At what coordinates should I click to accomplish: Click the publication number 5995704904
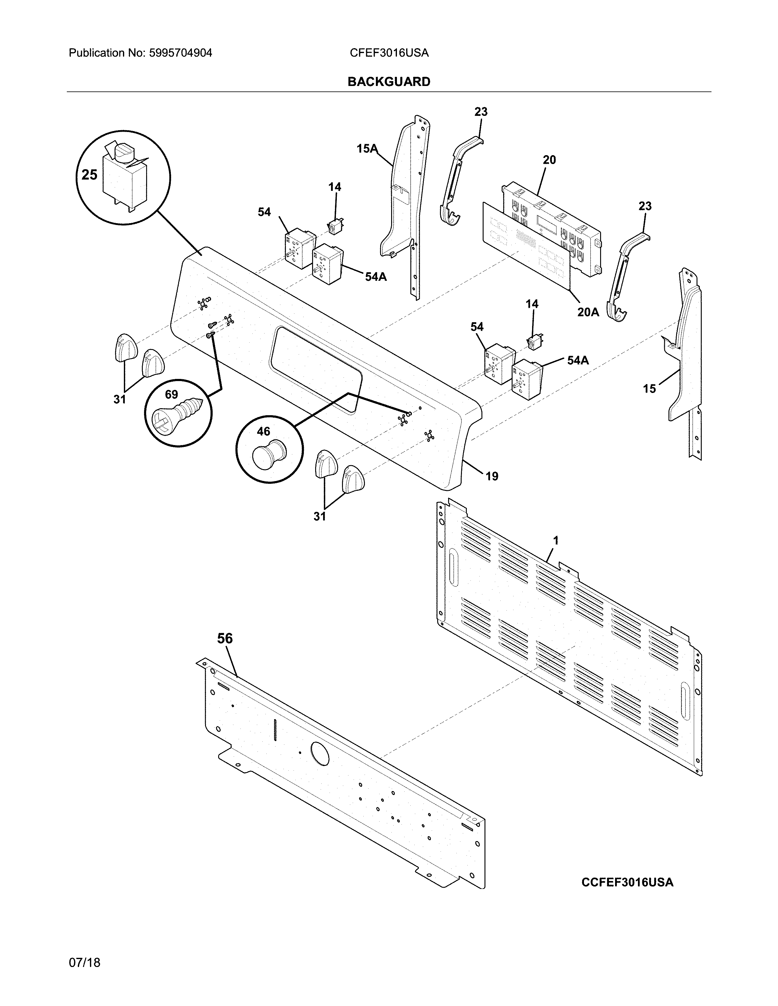pos(180,53)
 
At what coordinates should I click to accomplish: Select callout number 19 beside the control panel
pos(492,476)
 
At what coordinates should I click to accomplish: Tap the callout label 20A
pos(588,312)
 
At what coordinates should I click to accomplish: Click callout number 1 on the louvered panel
pos(556,540)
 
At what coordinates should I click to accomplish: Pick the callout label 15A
pos(366,148)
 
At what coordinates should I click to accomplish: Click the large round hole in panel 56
pos(320,754)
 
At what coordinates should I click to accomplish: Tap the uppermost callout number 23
pos(481,112)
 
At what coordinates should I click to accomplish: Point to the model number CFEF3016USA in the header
pos(389,53)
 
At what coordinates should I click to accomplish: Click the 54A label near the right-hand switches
pos(578,360)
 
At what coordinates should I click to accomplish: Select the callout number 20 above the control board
pos(549,160)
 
